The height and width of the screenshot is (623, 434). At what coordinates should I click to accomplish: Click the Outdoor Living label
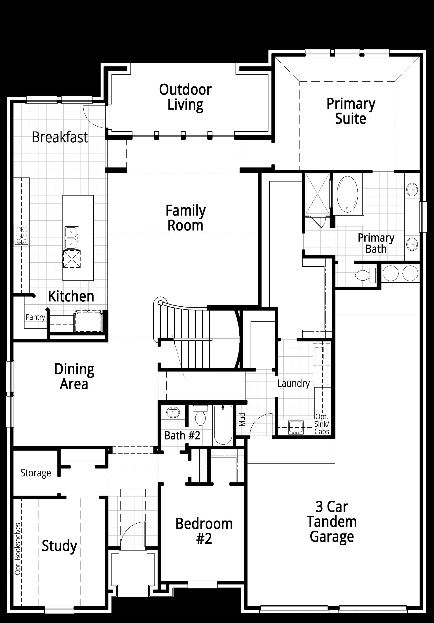point(185,97)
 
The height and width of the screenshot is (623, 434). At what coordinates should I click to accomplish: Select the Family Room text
point(186,218)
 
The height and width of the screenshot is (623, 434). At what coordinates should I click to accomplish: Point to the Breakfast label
point(60,137)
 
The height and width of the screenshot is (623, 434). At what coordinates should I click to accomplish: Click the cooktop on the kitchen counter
point(21,235)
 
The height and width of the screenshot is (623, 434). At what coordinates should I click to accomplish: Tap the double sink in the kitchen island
point(72,238)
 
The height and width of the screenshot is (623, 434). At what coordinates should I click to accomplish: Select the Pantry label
point(35,317)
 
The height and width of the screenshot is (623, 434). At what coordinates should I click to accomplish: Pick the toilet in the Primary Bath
point(365,275)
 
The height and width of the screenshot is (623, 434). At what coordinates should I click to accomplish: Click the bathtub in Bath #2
point(223,425)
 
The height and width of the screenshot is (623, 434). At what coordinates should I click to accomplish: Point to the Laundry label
point(293,383)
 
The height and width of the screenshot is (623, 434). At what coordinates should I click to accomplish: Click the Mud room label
point(242,419)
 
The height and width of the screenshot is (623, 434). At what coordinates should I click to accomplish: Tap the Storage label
point(35,473)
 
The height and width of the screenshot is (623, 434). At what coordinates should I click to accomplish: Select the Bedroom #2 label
point(204,531)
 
